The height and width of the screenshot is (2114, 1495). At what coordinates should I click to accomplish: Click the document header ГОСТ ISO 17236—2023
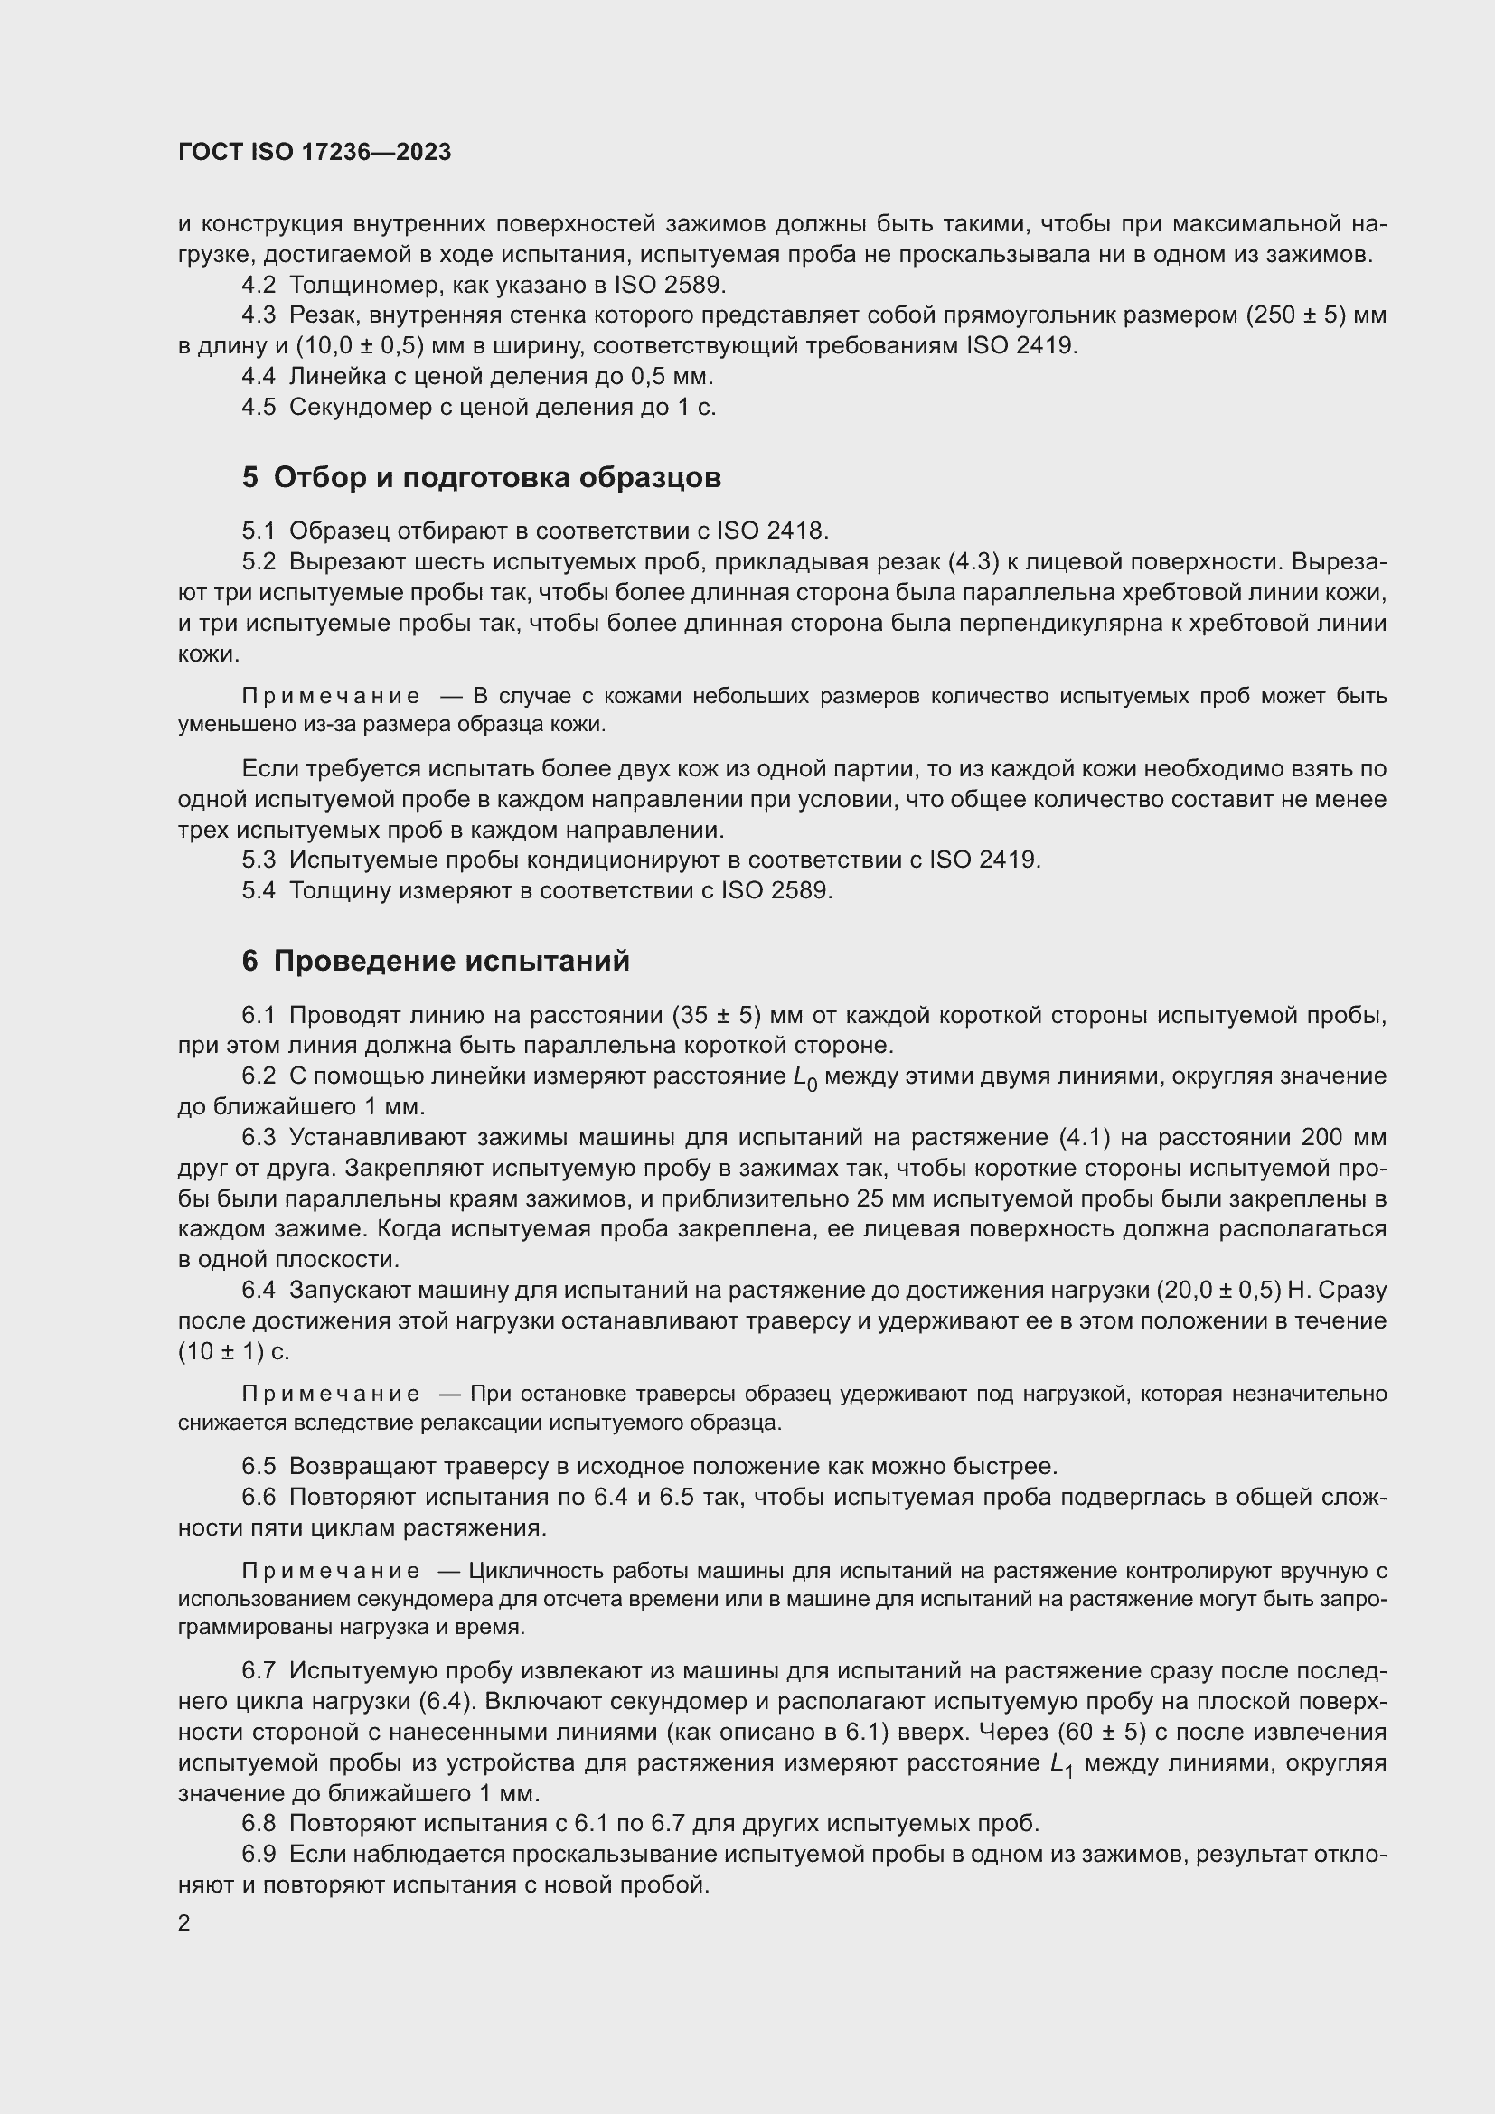[314, 153]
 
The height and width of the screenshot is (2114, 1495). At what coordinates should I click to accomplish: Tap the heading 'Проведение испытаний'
[436, 962]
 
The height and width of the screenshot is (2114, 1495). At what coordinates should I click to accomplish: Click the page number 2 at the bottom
[184, 1923]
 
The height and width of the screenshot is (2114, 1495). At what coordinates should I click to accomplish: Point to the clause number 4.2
[259, 286]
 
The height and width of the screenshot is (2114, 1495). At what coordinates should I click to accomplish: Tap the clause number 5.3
[259, 860]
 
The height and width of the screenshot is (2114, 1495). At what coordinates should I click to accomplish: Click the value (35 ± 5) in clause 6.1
[717, 1016]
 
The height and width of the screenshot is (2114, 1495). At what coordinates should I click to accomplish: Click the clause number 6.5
[259, 1466]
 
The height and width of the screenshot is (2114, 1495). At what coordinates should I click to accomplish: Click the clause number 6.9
[259, 1855]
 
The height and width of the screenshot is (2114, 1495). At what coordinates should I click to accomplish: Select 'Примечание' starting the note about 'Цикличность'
[331, 1571]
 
